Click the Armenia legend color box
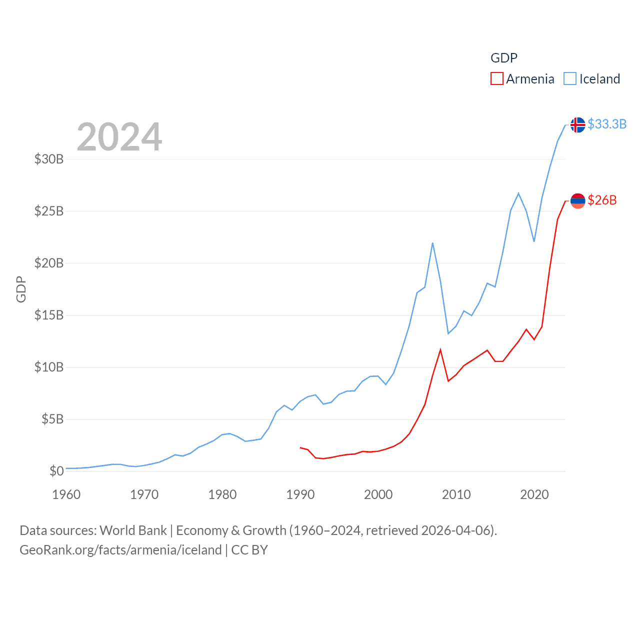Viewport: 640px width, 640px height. tap(496, 79)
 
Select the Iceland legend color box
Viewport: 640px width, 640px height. tap(570, 79)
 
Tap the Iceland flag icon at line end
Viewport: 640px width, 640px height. tap(578, 124)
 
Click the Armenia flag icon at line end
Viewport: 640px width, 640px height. tap(578, 200)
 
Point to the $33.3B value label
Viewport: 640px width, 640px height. tap(607, 124)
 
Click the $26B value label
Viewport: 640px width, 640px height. tap(602, 200)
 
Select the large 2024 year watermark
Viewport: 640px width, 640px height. tap(119, 136)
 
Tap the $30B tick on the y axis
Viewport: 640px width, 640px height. tap(49, 159)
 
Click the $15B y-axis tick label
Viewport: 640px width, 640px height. tap(49, 315)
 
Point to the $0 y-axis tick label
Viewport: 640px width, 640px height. tap(56, 471)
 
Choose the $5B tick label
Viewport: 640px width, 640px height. tap(52, 419)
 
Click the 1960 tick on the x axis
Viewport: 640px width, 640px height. tap(66, 494)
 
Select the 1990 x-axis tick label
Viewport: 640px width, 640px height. tap(300, 494)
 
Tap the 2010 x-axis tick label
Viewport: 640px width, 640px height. tap(456, 494)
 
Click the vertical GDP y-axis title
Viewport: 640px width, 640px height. tap(21, 289)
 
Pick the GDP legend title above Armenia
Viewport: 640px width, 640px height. tap(504, 58)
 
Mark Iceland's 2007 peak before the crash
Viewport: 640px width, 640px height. tap(432, 243)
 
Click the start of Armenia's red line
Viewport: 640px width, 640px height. tap(300, 447)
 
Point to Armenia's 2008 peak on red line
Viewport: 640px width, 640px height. tap(440, 349)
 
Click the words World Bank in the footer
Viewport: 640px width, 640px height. tap(133, 530)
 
